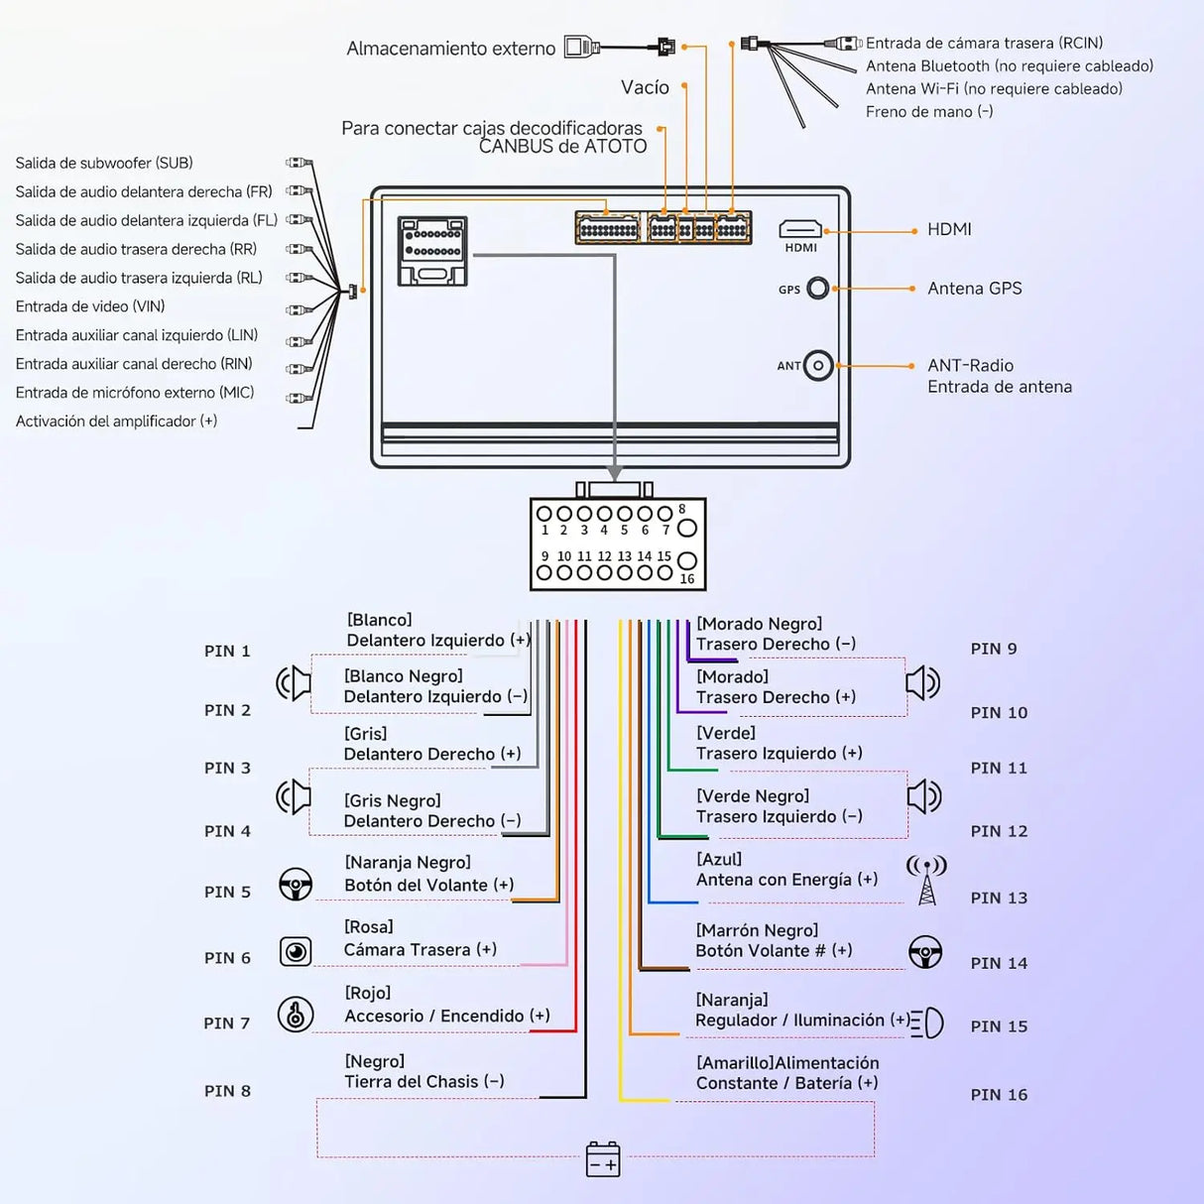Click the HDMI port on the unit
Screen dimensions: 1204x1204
tap(800, 229)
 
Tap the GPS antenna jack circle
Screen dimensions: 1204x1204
tap(818, 289)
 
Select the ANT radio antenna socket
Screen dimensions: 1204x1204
tap(818, 366)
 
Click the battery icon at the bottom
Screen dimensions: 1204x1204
tap(603, 1159)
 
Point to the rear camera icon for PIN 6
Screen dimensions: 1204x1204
tap(296, 951)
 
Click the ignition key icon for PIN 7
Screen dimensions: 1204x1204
tap(296, 1014)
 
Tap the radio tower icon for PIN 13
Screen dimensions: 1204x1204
tap(926, 881)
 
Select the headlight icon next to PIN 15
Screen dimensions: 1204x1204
tap(927, 1023)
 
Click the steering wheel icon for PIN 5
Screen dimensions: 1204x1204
tap(296, 884)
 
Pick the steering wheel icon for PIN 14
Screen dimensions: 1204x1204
tap(925, 951)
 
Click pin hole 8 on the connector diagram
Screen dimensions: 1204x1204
tap(687, 528)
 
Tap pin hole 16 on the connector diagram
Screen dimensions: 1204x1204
tap(687, 560)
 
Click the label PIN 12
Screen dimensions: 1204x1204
tap(999, 831)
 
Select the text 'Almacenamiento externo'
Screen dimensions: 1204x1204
tap(450, 49)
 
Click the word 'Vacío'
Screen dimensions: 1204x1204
tap(645, 87)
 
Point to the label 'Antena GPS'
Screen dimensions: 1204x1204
tap(975, 288)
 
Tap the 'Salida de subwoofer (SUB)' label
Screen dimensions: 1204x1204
tap(104, 163)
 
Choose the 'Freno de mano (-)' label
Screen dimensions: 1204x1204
tap(929, 112)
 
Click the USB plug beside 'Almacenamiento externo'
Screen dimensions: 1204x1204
tap(582, 47)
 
